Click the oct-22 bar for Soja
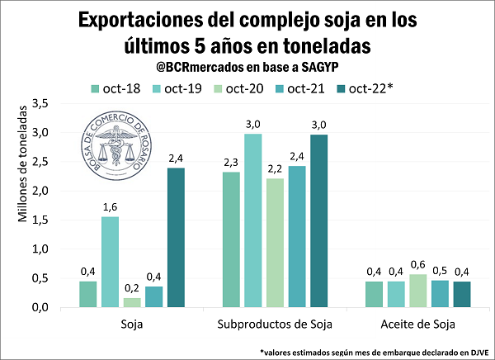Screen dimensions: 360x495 click(177, 238)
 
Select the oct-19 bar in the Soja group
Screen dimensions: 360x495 click(110, 262)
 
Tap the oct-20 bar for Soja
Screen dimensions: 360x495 click(132, 302)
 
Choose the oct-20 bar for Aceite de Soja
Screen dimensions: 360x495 click(419, 291)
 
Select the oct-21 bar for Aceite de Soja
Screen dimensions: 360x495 click(441, 294)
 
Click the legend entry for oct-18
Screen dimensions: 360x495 click(112, 88)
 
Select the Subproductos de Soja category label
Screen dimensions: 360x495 click(276, 324)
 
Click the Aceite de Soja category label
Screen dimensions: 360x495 click(419, 324)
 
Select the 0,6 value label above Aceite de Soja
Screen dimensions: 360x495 click(419, 265)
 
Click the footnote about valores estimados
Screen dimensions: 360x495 click(375, 352)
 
